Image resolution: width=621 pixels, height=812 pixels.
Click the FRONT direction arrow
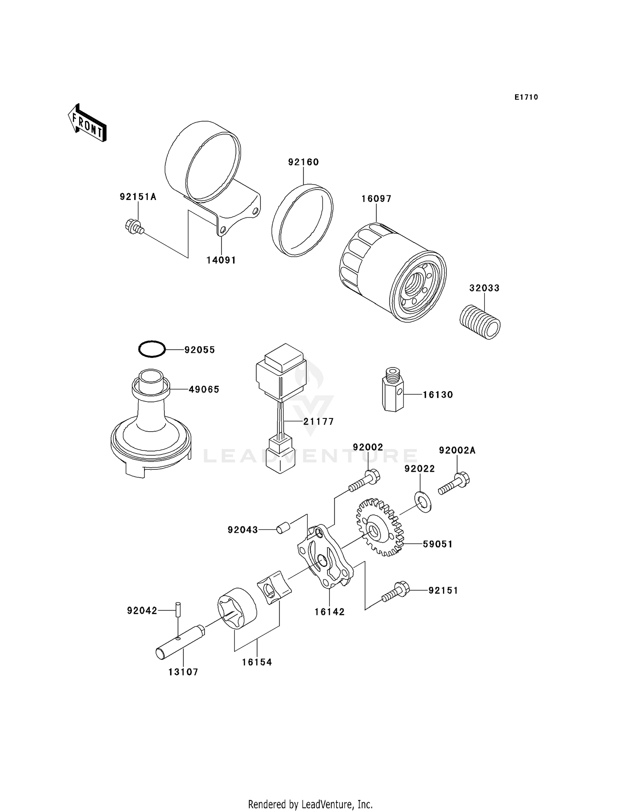pyautogui.click(x=87, y=123)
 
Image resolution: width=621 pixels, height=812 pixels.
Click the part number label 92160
pyautogui.click(x=303, y=162)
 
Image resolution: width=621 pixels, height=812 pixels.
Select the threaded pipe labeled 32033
pyautogui.click(x=480, y=322)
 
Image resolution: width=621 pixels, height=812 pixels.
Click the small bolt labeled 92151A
pyautogui.click(x=134, y=226)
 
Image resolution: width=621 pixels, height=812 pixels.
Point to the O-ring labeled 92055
pyautogui.click(x=152, y=349)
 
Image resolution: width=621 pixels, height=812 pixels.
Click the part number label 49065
pyautogui.click(x=204, y=389)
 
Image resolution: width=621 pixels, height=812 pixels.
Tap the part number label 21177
pyautogui.click(x=318, y=422)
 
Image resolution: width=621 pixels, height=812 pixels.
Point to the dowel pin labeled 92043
pyautogui.click(x=284, y=529)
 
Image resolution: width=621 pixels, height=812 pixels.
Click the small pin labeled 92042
pyautogui.click(x=178, y=610)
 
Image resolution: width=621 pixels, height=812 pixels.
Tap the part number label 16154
pyautogui.click(x=257, y=662)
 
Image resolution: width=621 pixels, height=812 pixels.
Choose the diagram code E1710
pyautogui.click(x=526, y=97)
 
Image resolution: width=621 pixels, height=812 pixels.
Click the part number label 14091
pyautogui.click(x=221, y=260)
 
